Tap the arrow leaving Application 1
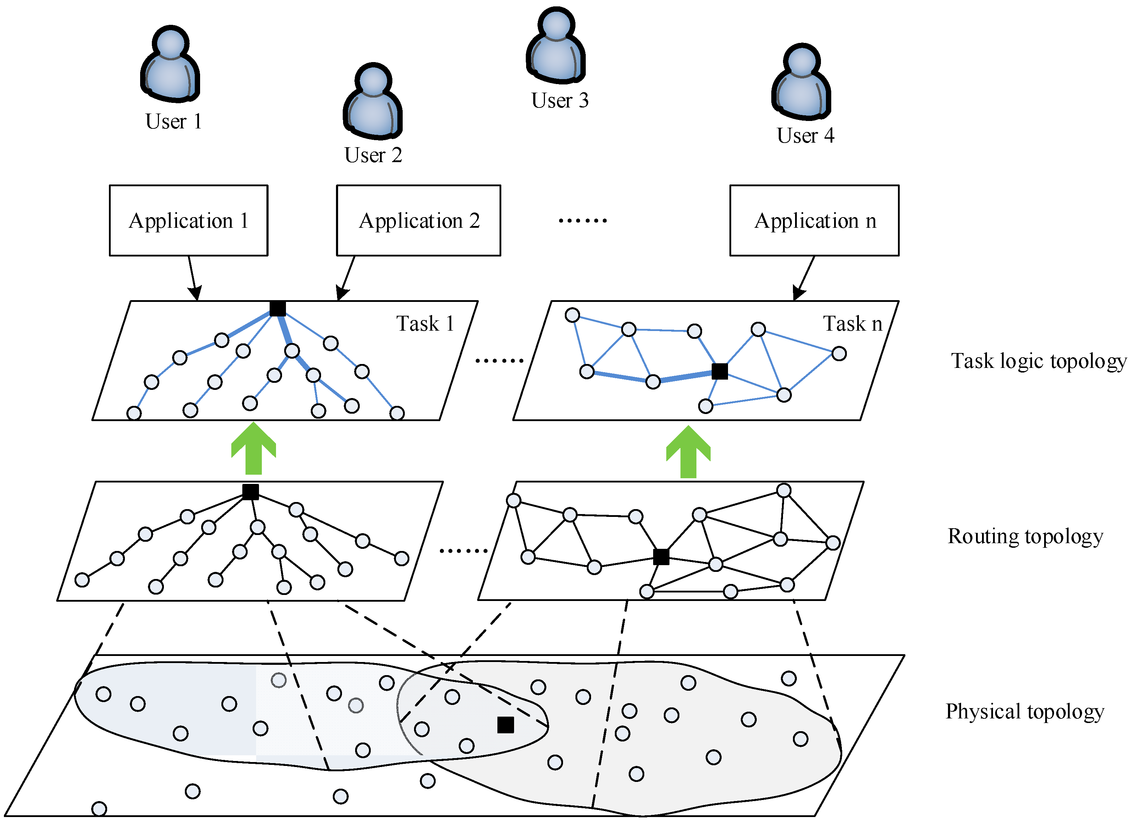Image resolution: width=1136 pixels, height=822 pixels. (x=194, y=278)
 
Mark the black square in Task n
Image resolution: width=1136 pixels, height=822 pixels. (x=720, y=371)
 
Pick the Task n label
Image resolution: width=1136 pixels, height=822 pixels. (x=853, y=324)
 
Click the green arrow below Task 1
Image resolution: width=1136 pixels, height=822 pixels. (x=253, y=448)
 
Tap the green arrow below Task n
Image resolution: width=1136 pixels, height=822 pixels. (x=688, y=452)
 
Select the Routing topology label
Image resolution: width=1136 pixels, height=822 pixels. (x=1025, y=536)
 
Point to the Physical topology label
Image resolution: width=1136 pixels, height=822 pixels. (x=1025, y=711)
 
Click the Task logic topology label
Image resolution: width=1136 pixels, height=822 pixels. (x=1039, y=361)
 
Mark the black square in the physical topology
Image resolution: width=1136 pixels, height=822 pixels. (x=506, y=725)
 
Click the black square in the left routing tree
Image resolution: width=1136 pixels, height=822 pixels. (x=250, y=492)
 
